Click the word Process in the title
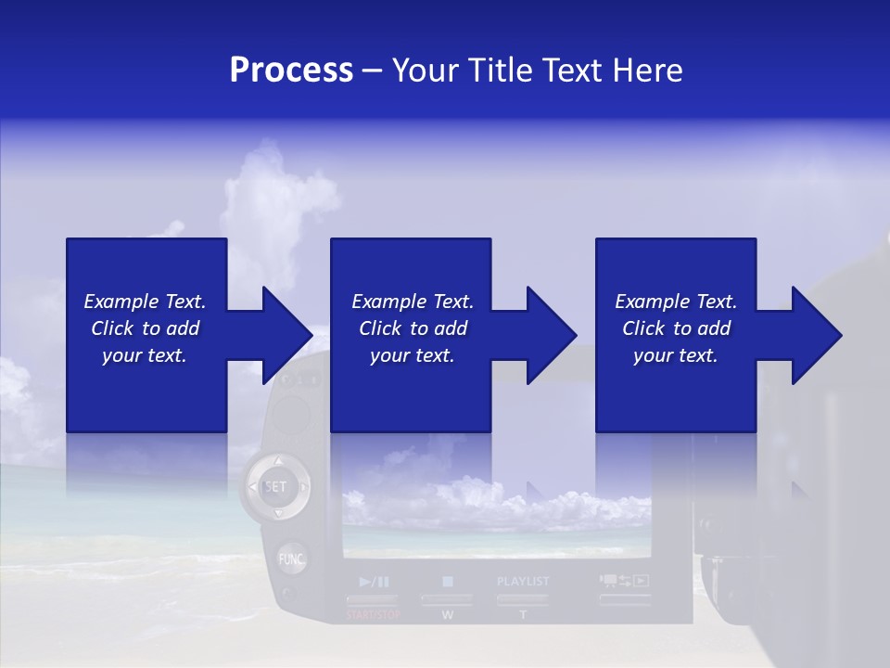pos(291,71)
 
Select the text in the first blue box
pos(145,328)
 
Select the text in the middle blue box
pos(412,328)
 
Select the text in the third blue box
pos(676,328)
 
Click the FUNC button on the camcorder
pos(292,559)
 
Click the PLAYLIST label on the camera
pos(523,582)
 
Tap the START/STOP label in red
pos(374,615)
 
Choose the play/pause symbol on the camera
pos(374,582)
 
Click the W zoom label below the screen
pos(447,615)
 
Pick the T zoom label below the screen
pos(523,615)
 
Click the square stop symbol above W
pos(447,582)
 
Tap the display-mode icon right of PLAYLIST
pos(624,582)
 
